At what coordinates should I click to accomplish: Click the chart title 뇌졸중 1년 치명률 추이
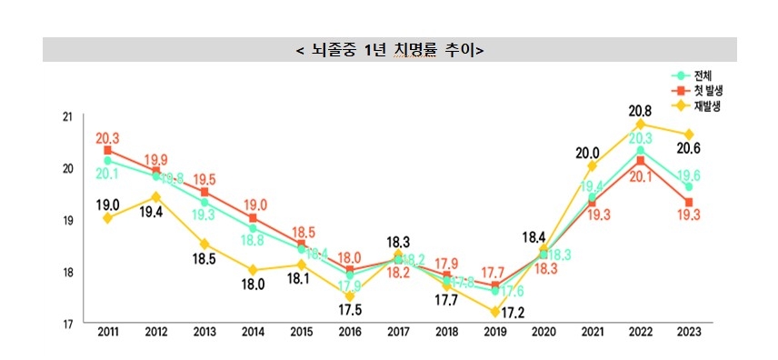389,49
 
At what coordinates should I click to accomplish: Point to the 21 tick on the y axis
66,116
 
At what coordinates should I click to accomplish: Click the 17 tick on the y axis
66,324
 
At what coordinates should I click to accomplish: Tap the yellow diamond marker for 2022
640,124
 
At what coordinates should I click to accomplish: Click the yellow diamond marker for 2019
494,312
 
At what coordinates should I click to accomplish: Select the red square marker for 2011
108,150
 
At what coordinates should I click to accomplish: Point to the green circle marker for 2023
688,186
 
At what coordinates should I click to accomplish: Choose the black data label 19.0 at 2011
108,205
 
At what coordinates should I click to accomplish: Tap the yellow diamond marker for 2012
156,197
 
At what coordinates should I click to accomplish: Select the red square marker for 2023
688,202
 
